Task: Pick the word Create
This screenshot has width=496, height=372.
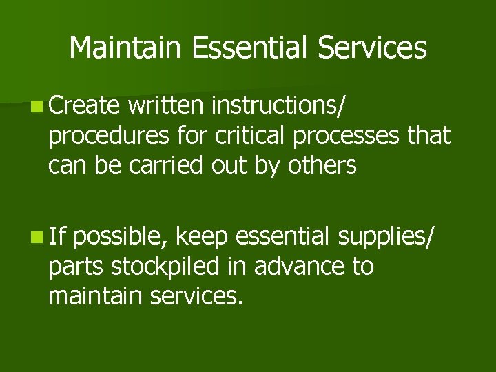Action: (x=84, y=107)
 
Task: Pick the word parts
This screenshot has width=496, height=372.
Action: (x=77, y=267)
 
